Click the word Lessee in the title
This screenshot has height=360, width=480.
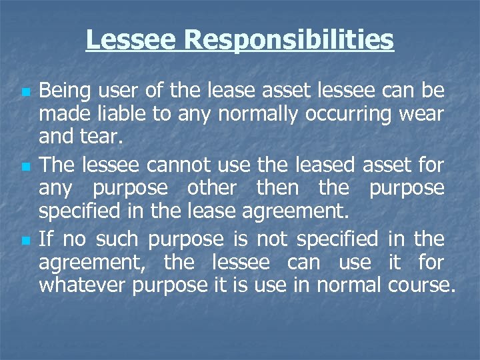131,40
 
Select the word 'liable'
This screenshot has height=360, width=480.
123,115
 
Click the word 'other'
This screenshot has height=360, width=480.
211,189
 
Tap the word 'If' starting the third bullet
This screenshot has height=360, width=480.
46,238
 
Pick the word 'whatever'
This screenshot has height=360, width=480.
83,287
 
